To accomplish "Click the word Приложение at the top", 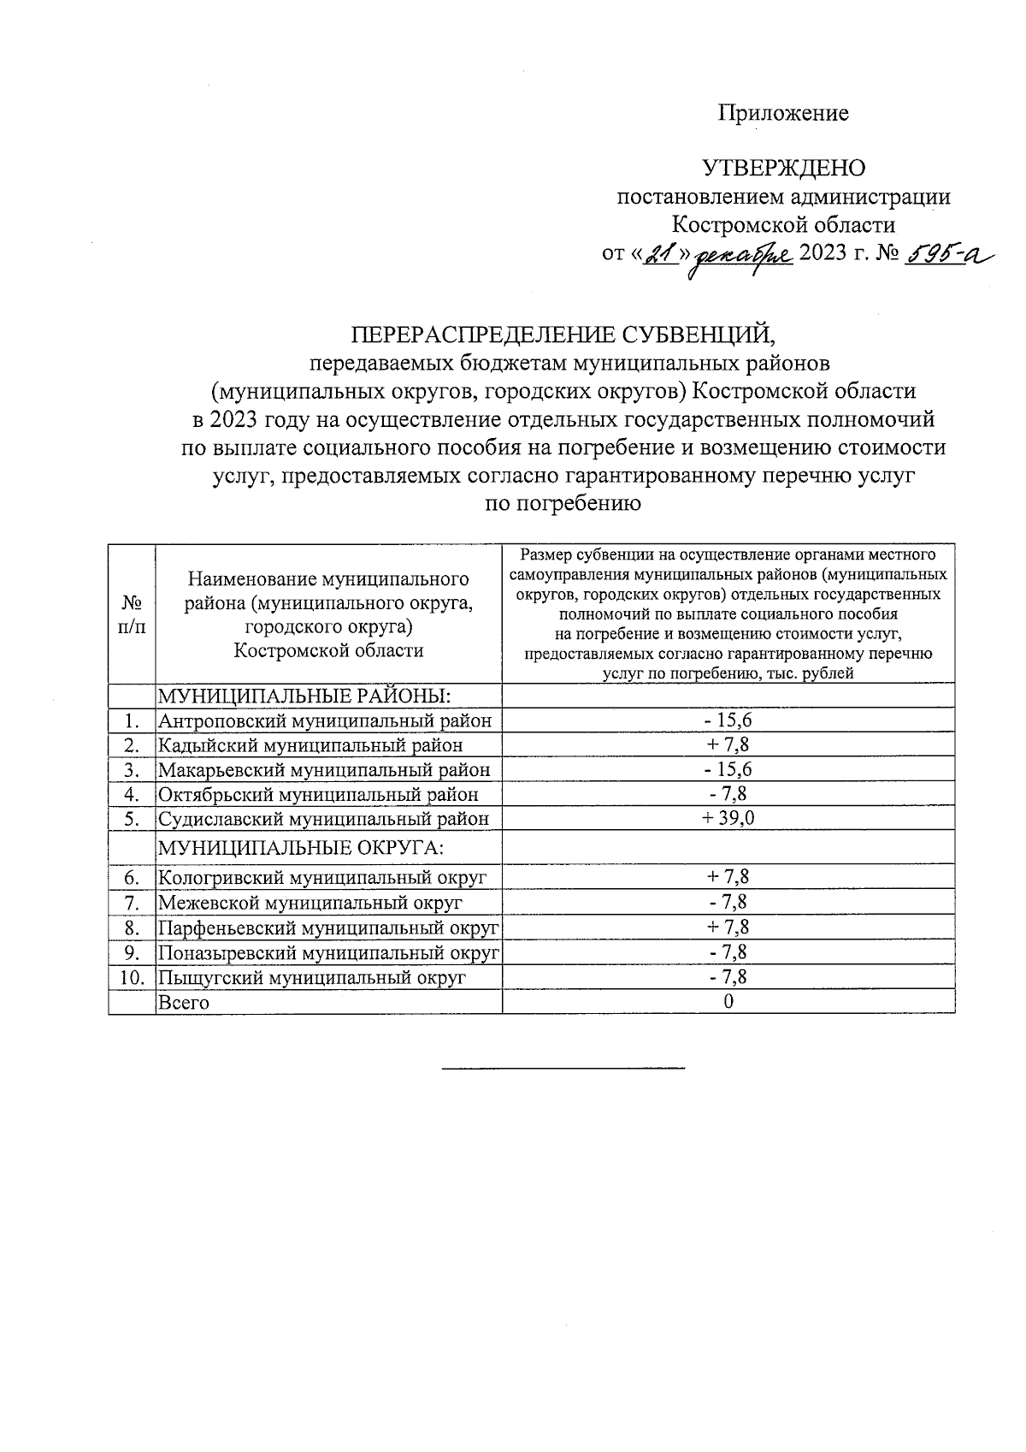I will coord(783,113).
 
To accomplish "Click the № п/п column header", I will coord(132,614).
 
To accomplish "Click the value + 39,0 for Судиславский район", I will coord(728,819).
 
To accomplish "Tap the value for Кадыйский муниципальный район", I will coord(728,745).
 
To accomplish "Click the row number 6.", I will coord(132,878).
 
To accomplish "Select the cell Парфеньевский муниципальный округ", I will coord(328,928).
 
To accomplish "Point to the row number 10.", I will coord(131,977).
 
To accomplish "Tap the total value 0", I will coord(728,1002).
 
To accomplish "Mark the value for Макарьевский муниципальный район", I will coord(728,769).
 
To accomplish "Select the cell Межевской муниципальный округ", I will coord(310,903).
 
